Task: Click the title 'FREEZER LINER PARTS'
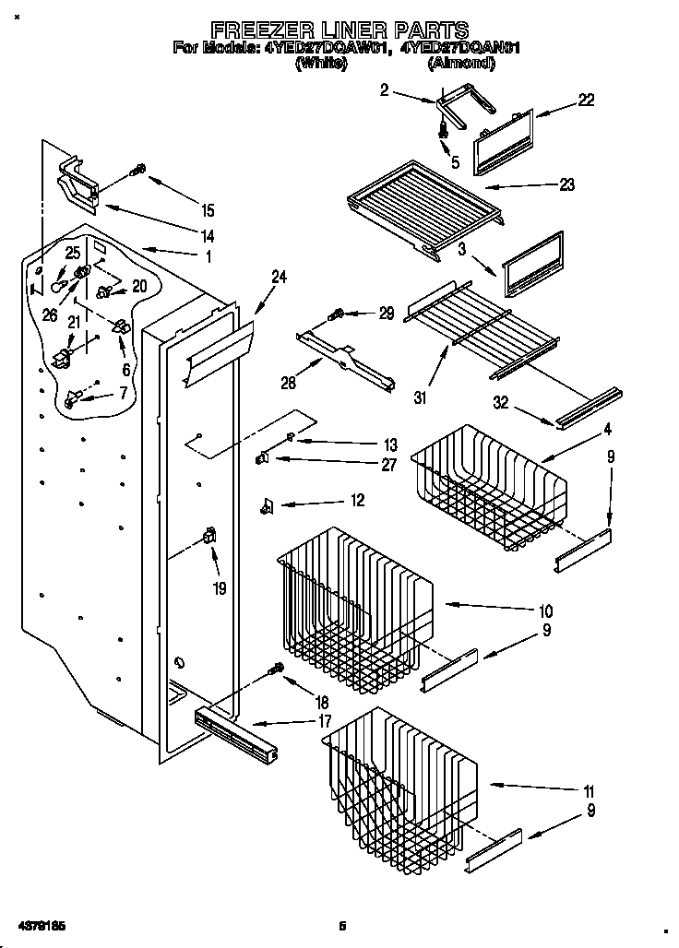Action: (x=339, y=30)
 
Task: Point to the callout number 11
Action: (x=588, y=791)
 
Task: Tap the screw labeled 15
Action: (x=139, y=170)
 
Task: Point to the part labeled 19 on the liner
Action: (x=208, y=536)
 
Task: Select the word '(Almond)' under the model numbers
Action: (x=460, y=65)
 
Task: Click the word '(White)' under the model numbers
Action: (x=321, y=65)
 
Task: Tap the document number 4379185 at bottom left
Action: (x=40, y=924)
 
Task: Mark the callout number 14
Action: (x=208, y=235)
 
